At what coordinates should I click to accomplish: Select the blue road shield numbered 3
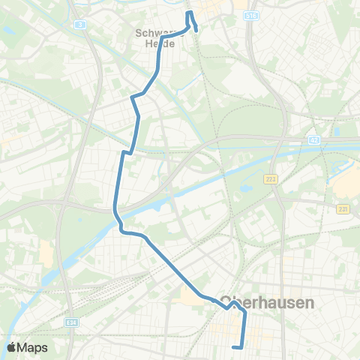(x=80, y=25)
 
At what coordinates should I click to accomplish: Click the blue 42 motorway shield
(x=314, y=139)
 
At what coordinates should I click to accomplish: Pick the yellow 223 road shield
(x=270, y=179)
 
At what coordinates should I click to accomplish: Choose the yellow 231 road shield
(x=343, y=208)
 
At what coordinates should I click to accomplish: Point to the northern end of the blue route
(x=189, y=12)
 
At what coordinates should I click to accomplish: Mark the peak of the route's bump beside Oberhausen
(x=235, y=304)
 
